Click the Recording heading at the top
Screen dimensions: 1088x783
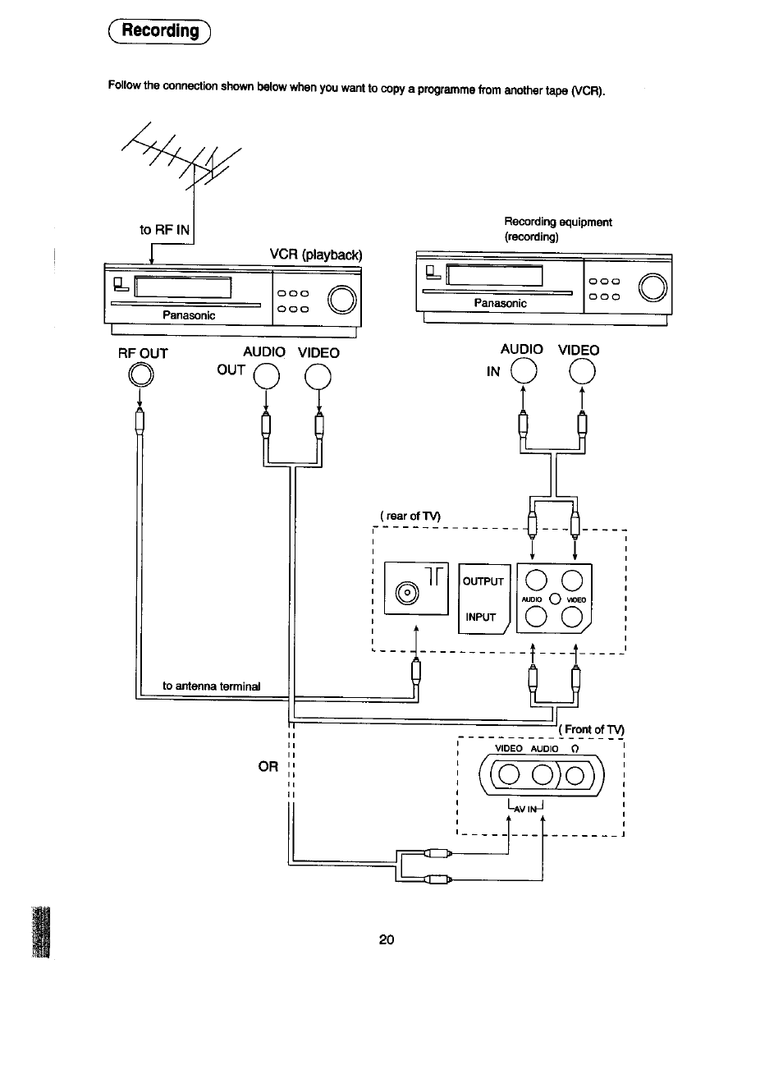pyautogui.click(x=160, y=31)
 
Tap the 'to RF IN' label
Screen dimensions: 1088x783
pyautogui.click(x=164, y=229)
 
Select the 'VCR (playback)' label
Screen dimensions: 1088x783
pyautogui.click(x=316, y=255)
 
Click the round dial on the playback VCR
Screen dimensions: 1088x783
pyautogui.click(x=342, y=299)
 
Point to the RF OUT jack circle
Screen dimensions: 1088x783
pyautogui.click(x=140, y=375)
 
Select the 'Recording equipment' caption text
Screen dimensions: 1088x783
pyautogui.click(x=557, y=222)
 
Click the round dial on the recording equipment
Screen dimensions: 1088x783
pyautogui.click(x=653, y=287)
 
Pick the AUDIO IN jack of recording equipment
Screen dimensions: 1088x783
pyautogui.click(x=523, y=372)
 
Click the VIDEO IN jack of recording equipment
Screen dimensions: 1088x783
pyautogui.click(x=581, y=372)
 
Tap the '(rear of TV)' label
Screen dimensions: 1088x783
pyautogui.click(x=410, y=516)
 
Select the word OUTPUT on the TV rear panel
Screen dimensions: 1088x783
pyautogui.click(x=483, y=581)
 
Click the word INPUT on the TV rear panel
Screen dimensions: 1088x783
pyautogui.click(x=480, y=617)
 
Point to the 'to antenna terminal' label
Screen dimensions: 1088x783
pyautogui.click(x=211, y=686)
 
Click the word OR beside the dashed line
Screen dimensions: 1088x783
pyautogui.click(x=268, y=766)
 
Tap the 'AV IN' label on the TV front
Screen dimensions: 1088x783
pyautogui.click(x=525, y=808)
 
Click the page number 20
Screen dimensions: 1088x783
pyautogui.click(x=387, y=939)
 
